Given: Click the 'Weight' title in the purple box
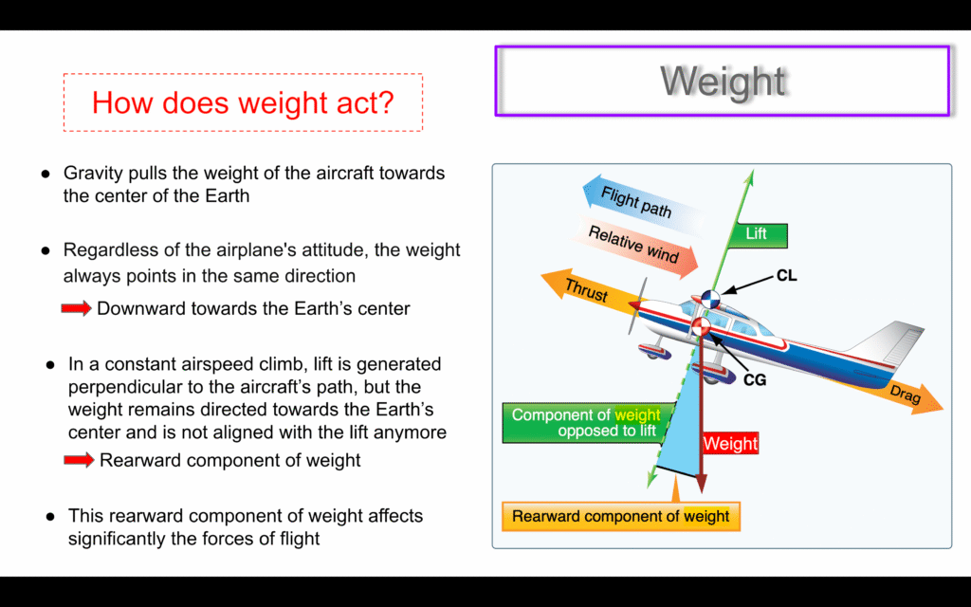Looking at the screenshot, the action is (723, 82).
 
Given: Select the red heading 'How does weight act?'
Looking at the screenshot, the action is (243, 102).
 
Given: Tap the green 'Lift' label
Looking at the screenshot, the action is (756, 235).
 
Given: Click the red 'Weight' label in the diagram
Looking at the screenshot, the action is (730, 444).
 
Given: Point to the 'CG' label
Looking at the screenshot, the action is (755, 379).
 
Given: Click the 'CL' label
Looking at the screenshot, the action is (786, 276).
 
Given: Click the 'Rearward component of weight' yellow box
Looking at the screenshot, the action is (620, 516).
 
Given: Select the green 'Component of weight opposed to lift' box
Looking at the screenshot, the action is (584, 422).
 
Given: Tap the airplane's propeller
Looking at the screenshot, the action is (636, 305).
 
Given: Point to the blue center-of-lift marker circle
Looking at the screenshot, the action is (709, 299).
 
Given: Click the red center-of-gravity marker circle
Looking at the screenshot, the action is (701, 326).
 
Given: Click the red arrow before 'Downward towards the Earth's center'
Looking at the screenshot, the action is (76, 308).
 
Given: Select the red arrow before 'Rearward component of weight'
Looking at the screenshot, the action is (79, 460).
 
